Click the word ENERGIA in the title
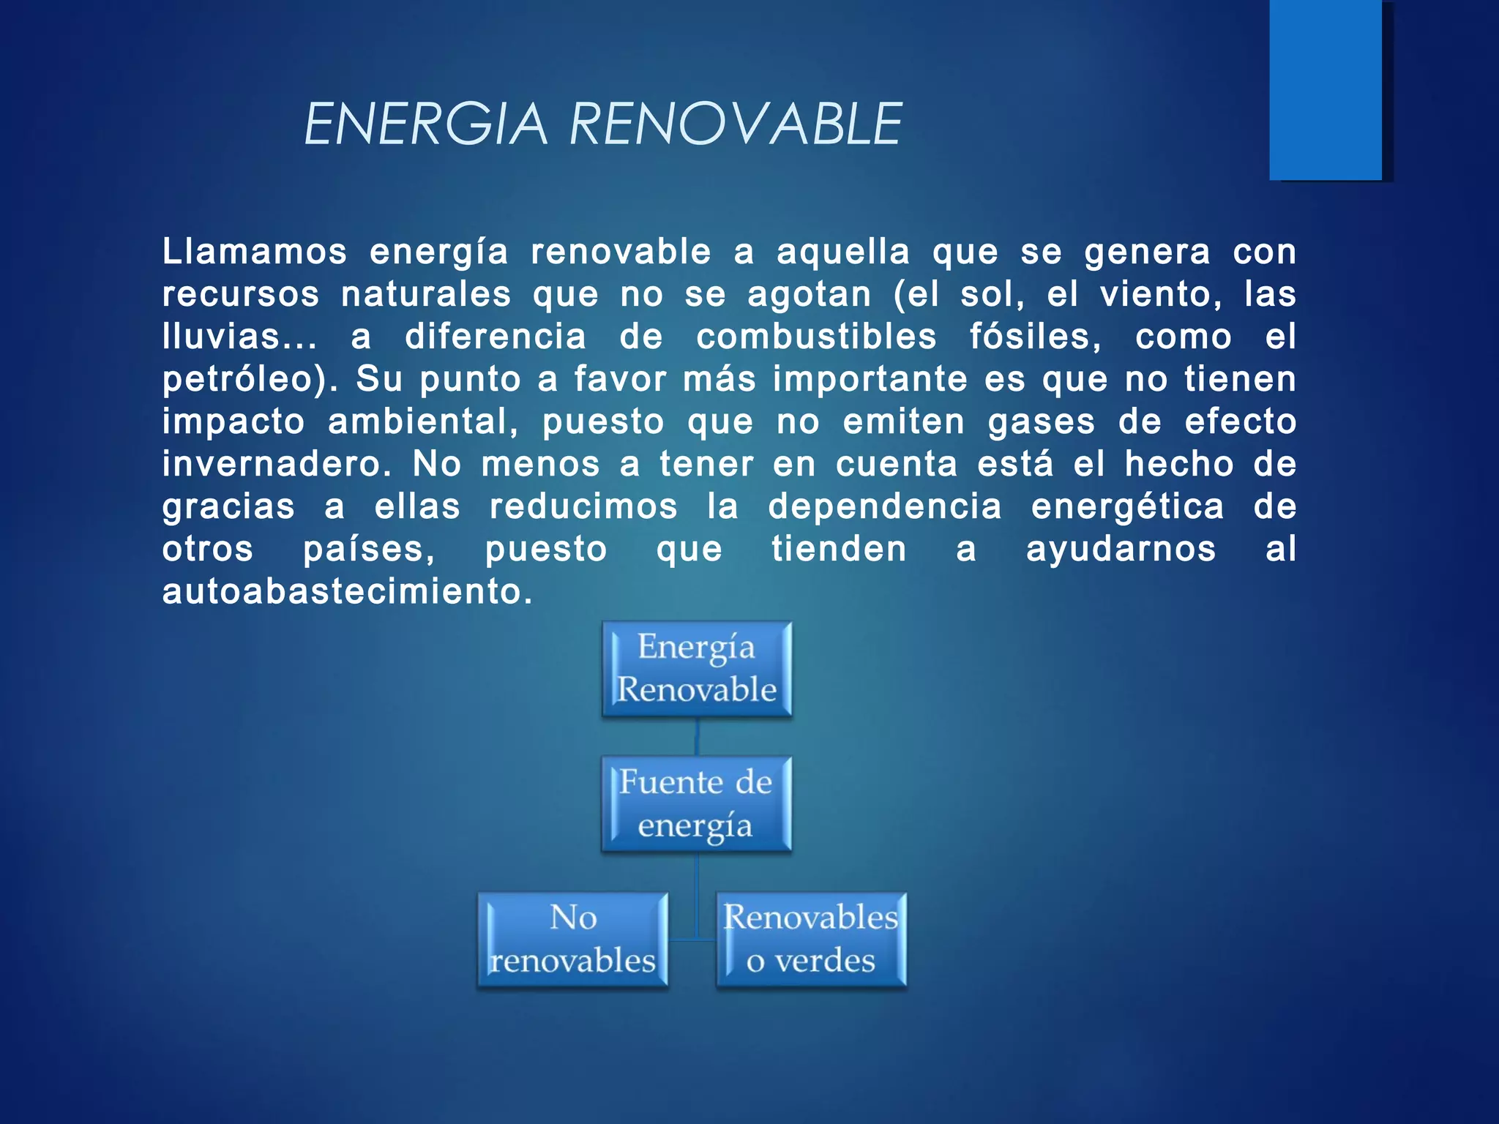coord(425,124)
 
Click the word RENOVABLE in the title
coord(735,124)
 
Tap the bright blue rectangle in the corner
coord(1326,89)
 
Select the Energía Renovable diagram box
coord(697,669)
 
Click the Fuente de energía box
coord(696,804)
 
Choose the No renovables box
coord(572,940)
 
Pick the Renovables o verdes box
coord(811,940)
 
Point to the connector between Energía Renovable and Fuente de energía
coord(697,737)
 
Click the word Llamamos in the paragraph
coord(254,252)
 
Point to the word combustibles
coord(816,337)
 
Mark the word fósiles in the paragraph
coord(1034,337)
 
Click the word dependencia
coord(884,506)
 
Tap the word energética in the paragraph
coord(1127,506)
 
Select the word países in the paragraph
coord(368,549)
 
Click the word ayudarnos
coord(1121,549)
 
